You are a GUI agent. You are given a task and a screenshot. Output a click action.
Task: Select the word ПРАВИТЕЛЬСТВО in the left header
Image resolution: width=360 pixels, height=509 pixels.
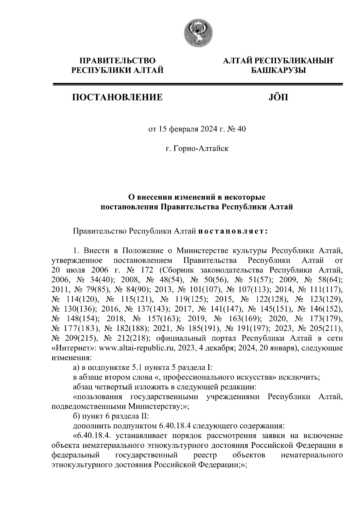[117, 61]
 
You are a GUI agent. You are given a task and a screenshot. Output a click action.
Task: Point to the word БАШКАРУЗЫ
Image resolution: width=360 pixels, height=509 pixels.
[277, 71]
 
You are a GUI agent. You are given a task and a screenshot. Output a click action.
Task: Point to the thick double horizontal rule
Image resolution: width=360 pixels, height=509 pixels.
[198, 85]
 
